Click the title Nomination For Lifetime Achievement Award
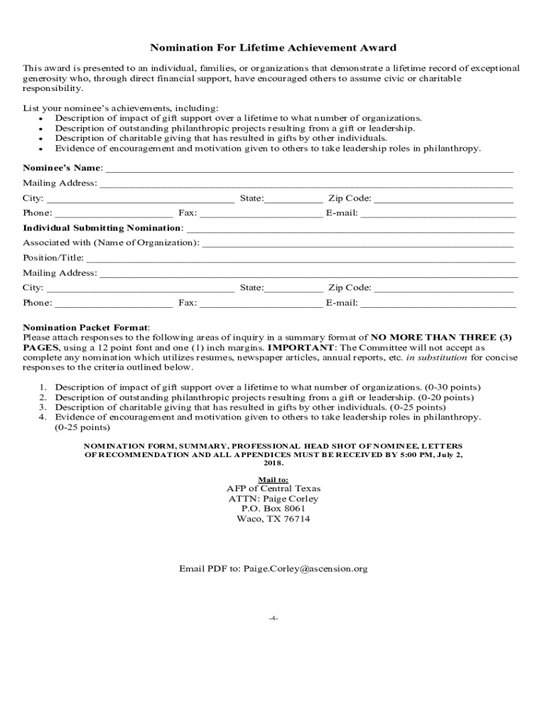273,48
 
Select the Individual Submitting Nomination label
102,228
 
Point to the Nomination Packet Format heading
85,327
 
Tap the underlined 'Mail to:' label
273,479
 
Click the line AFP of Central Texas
273,488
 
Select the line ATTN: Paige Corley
273,498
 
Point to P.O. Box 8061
273,508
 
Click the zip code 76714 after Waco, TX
297,518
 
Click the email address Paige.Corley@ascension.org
305,569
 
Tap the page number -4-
273,618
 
